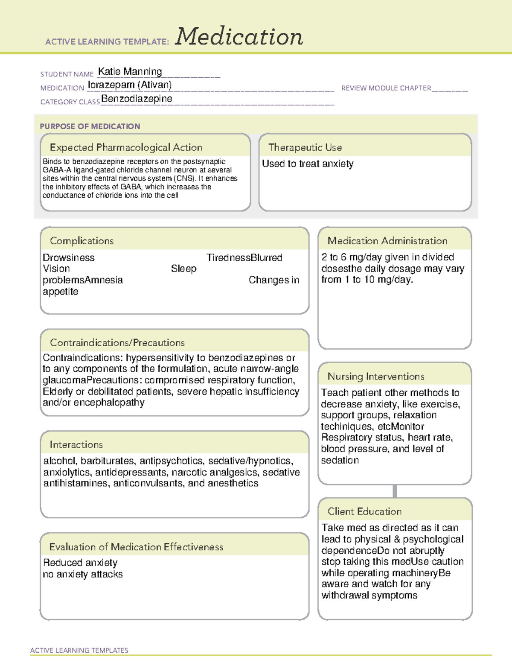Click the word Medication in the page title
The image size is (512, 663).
point(239,37)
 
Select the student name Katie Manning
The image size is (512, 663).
point(130,72)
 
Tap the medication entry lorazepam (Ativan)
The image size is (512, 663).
point(130,85)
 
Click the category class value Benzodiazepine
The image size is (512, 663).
point(137,99)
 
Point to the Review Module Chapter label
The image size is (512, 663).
point(386,88)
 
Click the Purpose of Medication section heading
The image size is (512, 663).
point(90,126)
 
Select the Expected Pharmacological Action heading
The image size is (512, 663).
point(126,147)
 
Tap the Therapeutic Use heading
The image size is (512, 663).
point(305,147)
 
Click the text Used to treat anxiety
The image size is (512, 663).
point(308,164)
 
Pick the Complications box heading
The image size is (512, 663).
point(81,241)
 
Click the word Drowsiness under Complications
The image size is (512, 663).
point(69,258)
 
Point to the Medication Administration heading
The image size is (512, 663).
point(387,241)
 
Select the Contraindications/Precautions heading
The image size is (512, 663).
point(117,342)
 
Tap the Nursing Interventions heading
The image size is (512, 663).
point(376,377)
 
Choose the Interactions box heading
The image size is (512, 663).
point(76,444)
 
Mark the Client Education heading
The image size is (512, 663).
point(364,511)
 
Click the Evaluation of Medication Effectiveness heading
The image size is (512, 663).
point(136,547)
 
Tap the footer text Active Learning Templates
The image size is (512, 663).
point(79,650)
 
